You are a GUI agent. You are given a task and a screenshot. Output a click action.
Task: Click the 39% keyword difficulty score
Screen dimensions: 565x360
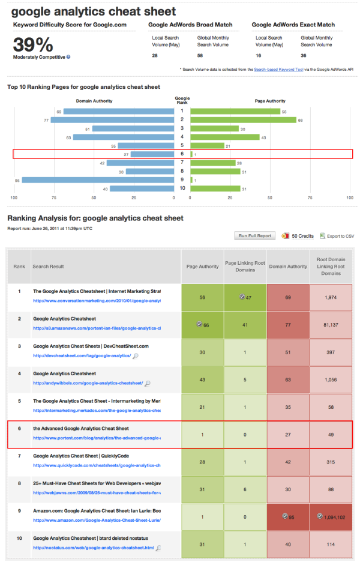coord(33,44)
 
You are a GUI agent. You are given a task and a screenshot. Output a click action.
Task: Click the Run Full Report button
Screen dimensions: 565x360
coord(255,236)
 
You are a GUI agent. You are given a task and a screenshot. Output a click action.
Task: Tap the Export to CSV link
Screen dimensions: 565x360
coord(340,236)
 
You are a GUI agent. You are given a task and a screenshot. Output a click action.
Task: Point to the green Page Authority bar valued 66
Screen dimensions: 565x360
coord(244,120)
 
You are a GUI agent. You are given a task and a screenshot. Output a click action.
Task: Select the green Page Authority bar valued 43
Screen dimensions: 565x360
coord(225,137)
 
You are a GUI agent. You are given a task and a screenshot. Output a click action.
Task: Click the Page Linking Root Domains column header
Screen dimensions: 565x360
coord(245,266)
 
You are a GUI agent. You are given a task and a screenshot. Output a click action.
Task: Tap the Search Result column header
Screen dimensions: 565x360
coord(49,266)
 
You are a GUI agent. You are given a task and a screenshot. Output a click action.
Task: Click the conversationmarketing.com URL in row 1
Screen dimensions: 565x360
coord(97,301)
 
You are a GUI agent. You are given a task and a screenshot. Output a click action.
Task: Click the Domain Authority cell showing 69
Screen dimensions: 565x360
coord(288,297)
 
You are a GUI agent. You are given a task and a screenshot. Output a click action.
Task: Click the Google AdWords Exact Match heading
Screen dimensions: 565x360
coord(293,25)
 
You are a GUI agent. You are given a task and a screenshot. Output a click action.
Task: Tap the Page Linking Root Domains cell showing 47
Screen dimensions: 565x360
coord(245,297)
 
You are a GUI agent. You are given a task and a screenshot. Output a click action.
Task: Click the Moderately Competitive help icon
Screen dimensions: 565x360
coord(68,57)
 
